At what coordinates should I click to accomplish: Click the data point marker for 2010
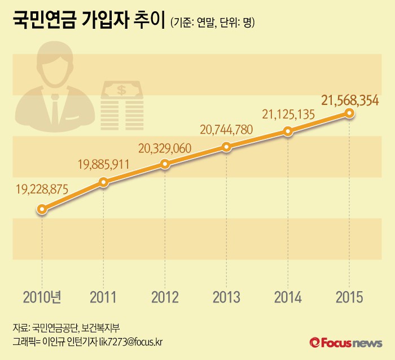tap(42, 209)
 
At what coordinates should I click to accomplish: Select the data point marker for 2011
tap(103, 182)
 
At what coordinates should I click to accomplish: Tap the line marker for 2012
tap(165, 164)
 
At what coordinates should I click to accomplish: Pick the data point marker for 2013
tap(226, 147)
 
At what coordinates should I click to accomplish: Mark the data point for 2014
tap(288, 131)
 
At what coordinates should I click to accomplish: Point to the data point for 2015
tap(349, 113)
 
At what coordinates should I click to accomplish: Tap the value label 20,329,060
tap(165, 148)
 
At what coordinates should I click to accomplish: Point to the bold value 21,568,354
tap(350, 100)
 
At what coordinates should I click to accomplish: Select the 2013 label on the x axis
tap(226, 297)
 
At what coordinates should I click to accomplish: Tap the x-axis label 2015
tap(349, 297)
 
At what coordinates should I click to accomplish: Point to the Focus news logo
tap(345, 342)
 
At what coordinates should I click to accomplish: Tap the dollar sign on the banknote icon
tap(121, 89)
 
